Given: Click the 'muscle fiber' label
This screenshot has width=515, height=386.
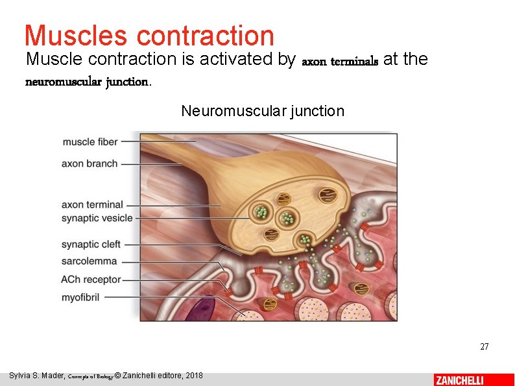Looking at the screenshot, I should click(x=90, y=141).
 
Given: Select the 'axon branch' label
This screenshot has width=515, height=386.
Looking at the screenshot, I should click(x=90, y=163).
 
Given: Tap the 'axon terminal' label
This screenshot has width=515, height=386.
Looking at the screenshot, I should click(x=92, y=204).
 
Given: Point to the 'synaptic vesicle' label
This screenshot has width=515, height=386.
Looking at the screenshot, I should click(x=97, y=218).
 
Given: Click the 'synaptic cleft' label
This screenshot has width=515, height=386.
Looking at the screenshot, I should click(x=91, y=245).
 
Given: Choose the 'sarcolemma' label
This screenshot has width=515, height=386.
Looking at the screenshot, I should click(x=89, y=261).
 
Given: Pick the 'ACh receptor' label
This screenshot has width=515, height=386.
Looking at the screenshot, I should click(x=91, y=280).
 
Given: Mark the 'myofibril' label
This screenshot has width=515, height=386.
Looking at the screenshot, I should click(x=81, y=296).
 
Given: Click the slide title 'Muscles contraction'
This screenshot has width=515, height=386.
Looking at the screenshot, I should click(x=149, y=35).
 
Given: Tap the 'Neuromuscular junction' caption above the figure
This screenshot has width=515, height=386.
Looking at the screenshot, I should click(x=263, y=111).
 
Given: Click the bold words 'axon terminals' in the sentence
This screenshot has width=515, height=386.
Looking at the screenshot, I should click(x=340, y=62).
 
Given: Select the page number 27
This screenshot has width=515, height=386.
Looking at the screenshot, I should click(x=484, y=347).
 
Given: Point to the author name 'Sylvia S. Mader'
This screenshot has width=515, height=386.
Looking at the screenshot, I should click(x=36, y=376).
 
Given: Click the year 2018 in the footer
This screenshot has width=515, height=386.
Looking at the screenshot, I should click(x=194, y=376).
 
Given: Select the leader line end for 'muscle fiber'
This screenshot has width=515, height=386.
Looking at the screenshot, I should click(x=195, y=141).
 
